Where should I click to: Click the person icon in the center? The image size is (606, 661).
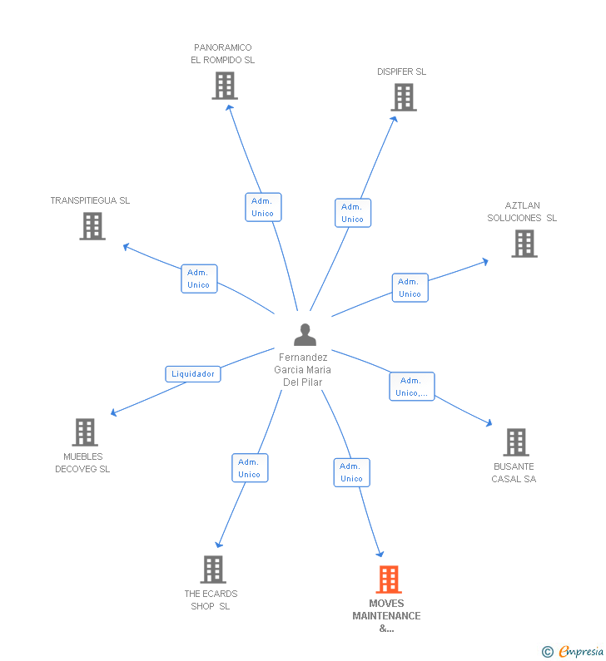click(305, 334)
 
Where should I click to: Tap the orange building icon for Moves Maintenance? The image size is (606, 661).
click(389, 579)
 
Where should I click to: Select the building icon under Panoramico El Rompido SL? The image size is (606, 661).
click(224, 86)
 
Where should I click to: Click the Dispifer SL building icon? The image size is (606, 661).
click(404, 97)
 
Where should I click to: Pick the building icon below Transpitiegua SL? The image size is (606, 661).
click(92, 226)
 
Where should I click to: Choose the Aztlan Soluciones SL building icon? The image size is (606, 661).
click(524, 244)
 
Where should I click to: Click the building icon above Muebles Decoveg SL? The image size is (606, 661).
click(85, 432)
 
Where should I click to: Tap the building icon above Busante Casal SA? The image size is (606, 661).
click(516, 442)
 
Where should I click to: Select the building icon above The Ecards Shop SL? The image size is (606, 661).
click(213, 570)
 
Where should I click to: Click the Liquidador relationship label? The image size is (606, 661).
click(193, 374)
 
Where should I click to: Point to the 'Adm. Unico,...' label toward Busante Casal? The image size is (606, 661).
click(412, 387)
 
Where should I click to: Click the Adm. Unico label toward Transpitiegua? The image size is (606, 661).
click(199, 279)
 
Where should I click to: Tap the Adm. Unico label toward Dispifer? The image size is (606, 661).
click(352, 213)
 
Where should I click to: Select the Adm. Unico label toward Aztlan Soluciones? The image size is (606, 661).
click(410, 288)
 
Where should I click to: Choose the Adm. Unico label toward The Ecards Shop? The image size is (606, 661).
click(249, 468)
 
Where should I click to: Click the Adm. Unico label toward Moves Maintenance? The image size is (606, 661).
click(351, 472)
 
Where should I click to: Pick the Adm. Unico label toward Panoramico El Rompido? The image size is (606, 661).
click(262, 207)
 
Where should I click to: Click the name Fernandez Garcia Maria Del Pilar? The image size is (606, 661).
click(303, 369)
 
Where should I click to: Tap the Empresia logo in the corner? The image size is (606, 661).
click(573, 651)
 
